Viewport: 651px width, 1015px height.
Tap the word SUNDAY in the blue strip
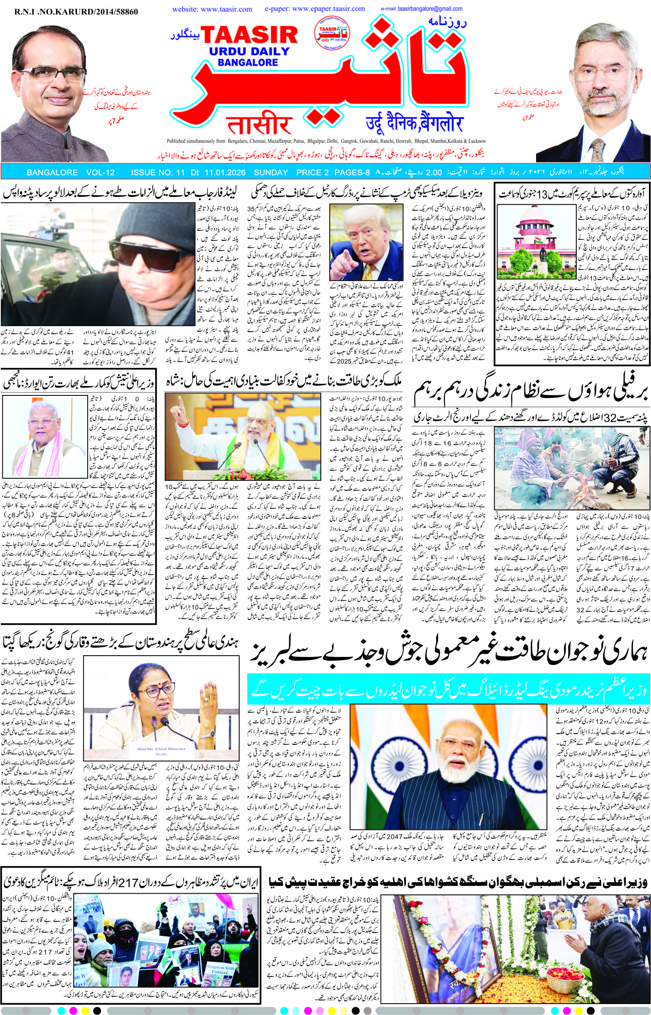pyautogui.click(x=270, y=173)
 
